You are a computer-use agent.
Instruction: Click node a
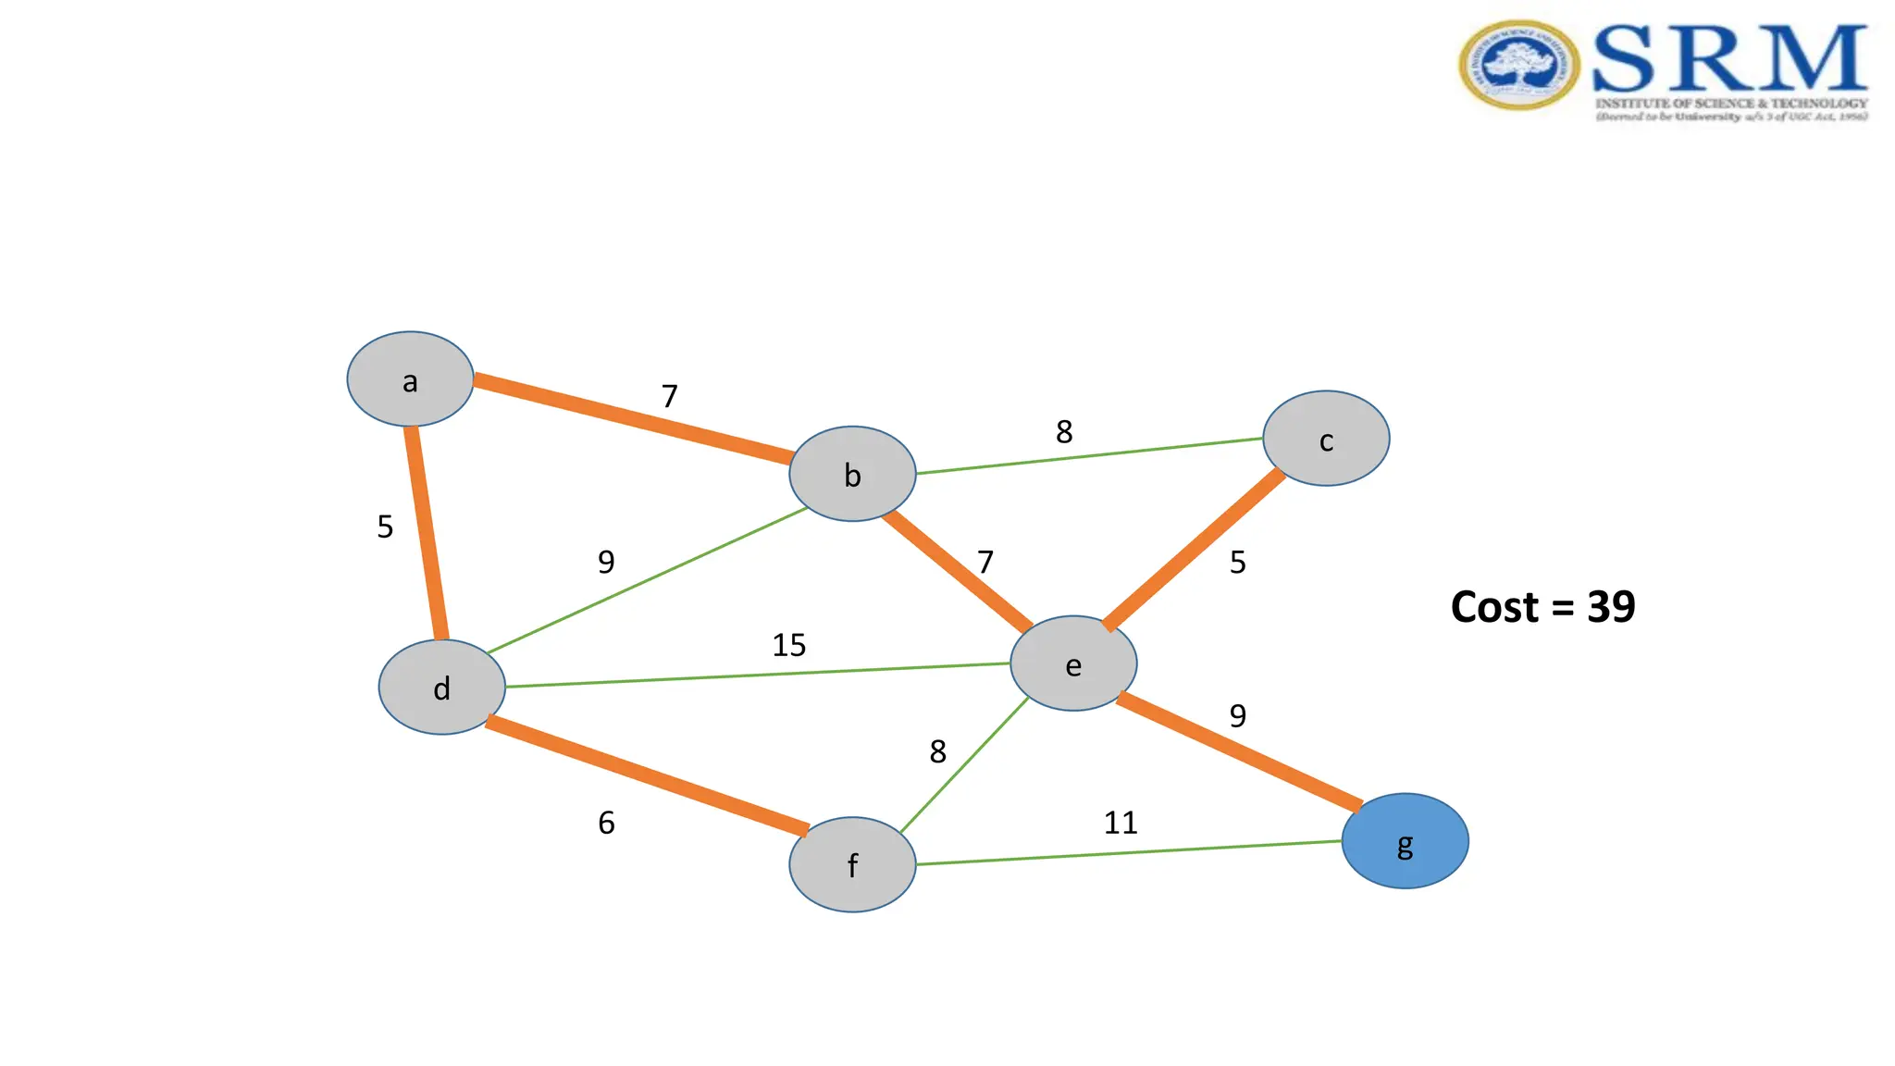click(x=410, y=379)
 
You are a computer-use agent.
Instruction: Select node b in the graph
click(x=852, y=474)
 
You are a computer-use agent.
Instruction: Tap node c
click(x=1326, y=439)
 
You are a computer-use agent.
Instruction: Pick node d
click(x=442, y=688)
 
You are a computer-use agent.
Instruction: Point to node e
click(x=1073, y=663)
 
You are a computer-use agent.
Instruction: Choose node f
click(x=852, y=864)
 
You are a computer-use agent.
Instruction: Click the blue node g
click(x=1405, y=841)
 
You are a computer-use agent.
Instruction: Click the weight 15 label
click(x=789, y=645)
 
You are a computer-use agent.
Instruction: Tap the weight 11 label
click(x=1121, y=823)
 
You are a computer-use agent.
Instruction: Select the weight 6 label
click(x=606, y=823)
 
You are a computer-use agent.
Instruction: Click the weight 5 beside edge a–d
click(x=385, y=527)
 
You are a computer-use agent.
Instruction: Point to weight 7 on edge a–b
click(x=670, y=397)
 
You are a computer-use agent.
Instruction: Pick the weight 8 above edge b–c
click(x=1064, y=432)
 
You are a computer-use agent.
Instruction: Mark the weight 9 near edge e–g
click(x=1238, y=716)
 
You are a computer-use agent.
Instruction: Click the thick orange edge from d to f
click(x=648, y=775)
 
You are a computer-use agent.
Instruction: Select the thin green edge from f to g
click(x=1129, y=853)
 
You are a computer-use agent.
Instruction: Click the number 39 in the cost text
click(x=1611, y=607)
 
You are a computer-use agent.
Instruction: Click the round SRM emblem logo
click(x=1518, y=65)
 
